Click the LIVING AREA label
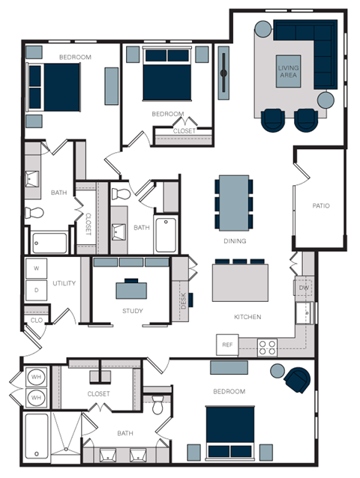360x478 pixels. click(289, 72)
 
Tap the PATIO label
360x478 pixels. click(321, 205)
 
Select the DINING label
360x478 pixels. click(235, 241)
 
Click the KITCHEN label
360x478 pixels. click(247, 317)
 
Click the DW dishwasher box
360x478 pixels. click(304, 288)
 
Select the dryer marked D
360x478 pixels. click(36, 288)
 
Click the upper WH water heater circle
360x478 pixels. click(35, 376)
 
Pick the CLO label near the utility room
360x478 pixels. click(35, 321)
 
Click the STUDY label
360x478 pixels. click(133, 311)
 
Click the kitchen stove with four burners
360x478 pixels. click(268, 345)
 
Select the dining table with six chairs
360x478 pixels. click(228, 203)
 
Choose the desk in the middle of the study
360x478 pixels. click(131, 288)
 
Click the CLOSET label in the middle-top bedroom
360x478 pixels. click(184, 130)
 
